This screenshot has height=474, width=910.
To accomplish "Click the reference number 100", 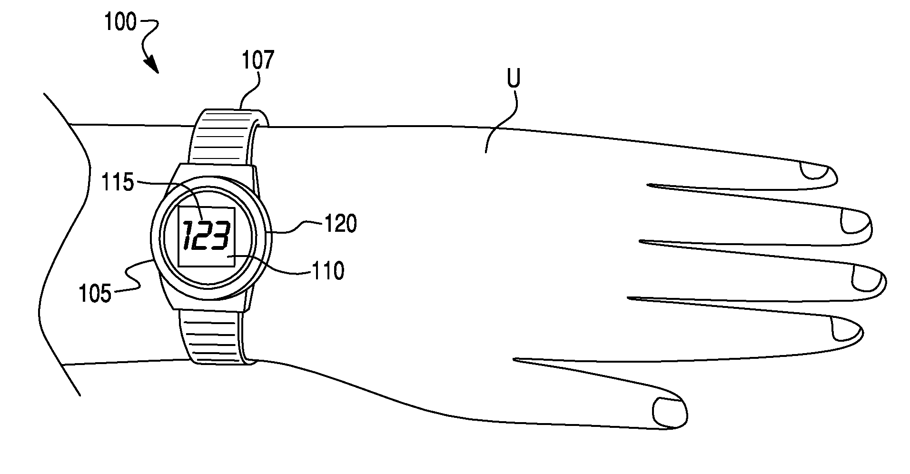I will point(120,22).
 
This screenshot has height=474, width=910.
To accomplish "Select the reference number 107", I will point(257,61).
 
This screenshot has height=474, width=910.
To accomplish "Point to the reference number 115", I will point(119,182).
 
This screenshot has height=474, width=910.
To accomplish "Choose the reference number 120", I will point(340,224).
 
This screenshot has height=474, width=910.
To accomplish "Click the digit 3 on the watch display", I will point(221,236).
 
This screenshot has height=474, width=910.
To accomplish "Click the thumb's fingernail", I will point(670,411).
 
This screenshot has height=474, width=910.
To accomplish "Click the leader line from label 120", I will point(295,228).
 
